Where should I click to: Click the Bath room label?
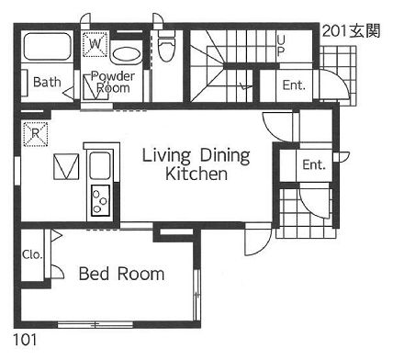click(47, 82)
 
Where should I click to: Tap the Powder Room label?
click(113, 82)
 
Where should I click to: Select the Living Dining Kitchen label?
click(196, 164)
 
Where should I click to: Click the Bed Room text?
click(121, 274)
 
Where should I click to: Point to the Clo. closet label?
click(32, 254)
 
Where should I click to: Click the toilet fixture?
click(166, 45)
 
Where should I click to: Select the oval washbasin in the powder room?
click(127, 55)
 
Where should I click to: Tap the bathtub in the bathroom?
click(47, 47)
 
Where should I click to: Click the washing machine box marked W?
click(95, 44)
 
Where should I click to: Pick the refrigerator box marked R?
click(36, 133)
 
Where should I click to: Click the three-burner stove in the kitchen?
click(100, 200)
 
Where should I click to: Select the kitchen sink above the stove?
click(100, 166)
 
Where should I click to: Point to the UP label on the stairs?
click(281, 46)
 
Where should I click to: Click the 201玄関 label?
click(352, 31)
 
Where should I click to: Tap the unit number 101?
click(25, 340)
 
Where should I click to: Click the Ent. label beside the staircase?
click(294, 85)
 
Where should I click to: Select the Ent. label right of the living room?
click(314, 164)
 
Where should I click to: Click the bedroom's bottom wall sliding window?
click(95, 324)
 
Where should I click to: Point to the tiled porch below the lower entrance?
click(306, 213)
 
